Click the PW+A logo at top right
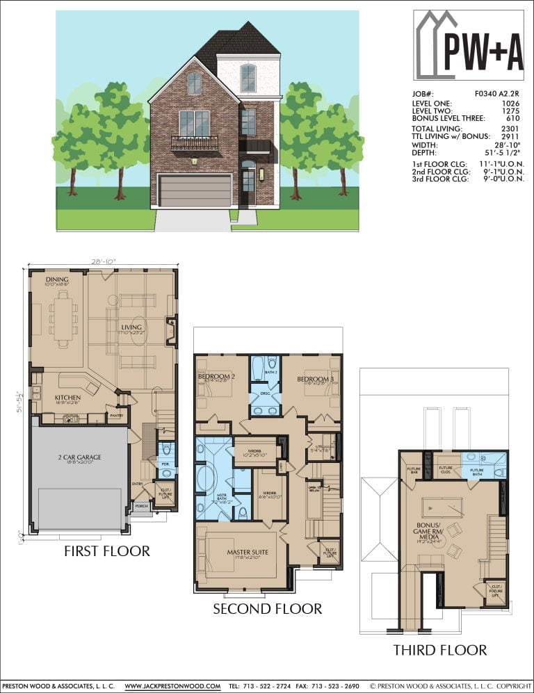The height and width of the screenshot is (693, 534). (x=468, y=44)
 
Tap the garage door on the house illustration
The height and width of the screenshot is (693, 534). (x=195, y=190)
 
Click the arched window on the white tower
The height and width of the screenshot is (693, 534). (x=248, y=78)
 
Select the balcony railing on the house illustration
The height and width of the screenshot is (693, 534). (x=195, y=143)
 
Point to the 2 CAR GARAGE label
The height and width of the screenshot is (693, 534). (x=79, y=457)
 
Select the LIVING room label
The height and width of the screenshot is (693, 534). (x=131, y=327)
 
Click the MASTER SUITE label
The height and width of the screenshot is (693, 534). (x=248, y=553)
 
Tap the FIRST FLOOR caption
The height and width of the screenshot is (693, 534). (x=106, y=551)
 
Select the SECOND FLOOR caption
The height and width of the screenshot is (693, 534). (x=267, y=609)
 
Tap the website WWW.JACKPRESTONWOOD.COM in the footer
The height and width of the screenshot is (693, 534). (x=172, y=686)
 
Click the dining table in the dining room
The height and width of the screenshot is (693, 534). (x=63, y=318)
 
